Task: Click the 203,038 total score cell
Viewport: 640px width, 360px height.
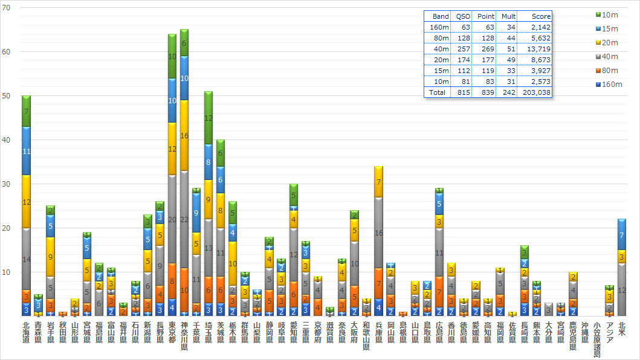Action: click(x=538, y=92)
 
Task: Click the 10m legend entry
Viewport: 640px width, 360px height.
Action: click(x=610, y=14)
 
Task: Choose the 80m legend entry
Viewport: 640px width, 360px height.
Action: click(x=610, y=70)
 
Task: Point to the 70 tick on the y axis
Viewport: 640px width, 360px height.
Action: click(x=7, y=7)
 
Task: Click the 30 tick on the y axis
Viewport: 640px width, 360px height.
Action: click(x=7, y=184)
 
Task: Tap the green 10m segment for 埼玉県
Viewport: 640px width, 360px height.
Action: click(x=208, y=118)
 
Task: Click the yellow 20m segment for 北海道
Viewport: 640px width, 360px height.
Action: click(x=26, y=202)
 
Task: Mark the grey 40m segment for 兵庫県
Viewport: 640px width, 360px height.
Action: click(x=378, y=233)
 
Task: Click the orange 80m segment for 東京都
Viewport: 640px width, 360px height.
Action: click(x=172, y=281)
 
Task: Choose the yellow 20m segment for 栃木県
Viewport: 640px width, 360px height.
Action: click(x=233, y=263)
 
